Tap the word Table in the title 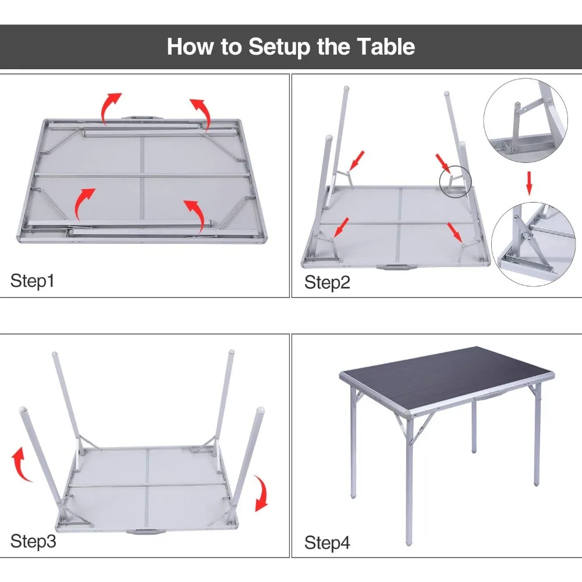click(x=386, y=47)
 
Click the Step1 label click(x=32, y=281)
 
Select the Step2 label click(x=327, y=282)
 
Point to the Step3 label click(x=33, y=541)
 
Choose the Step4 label click(x=327, y=542)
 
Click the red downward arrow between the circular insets click(x=529, y=183)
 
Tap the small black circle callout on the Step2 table click(x=456, y=182)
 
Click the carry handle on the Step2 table click(x=393, y=267)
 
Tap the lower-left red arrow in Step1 click(x=83, y=203)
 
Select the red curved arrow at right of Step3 click(x=262, y=493)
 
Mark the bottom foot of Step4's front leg click(x=409, y=542)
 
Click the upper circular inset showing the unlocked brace click(x=525, y=120)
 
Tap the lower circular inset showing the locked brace click(x=533, y=244)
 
